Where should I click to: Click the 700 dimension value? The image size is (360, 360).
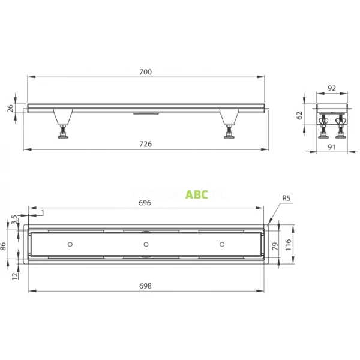[146, 72]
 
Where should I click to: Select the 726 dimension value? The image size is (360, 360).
[146, 144]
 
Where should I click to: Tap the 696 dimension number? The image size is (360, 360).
[146, 203]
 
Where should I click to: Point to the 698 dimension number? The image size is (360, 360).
[146, 286]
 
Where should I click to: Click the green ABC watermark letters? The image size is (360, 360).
[197, 194]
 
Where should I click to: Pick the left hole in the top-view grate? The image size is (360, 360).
[71, 244]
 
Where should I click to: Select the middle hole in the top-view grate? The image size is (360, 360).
[146, 244]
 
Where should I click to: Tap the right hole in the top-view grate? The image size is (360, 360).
[222, 244]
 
